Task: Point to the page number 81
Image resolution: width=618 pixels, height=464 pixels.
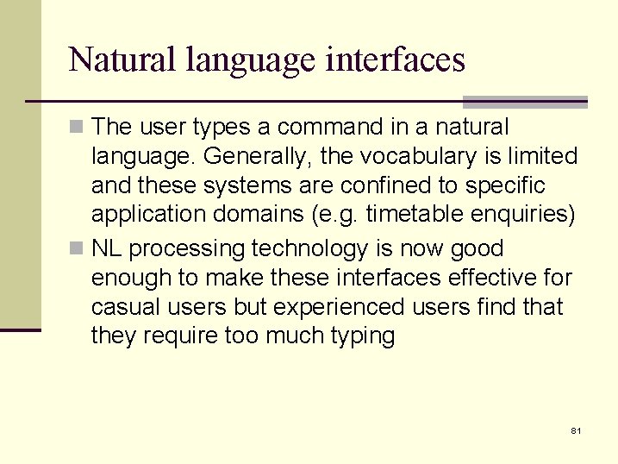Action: [576, 430]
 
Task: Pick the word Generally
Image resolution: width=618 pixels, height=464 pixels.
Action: [254, 157]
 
